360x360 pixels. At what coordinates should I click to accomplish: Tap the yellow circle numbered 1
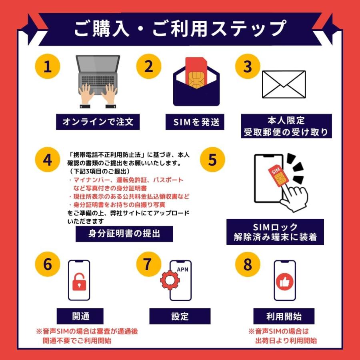coord(48,66)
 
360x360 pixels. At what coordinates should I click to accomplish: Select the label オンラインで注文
coord(98,122)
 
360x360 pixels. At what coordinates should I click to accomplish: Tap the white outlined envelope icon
coord(283,84)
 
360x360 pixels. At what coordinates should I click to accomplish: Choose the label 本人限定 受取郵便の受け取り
coord(286,126)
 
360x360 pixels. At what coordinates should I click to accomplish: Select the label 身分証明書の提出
coord(124,234)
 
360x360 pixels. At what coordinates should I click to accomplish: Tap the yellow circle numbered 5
coord(212,160)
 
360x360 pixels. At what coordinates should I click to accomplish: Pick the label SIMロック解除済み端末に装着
coord(275,232)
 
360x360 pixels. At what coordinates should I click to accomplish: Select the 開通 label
coord(80,316)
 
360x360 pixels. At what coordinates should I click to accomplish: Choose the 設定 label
coord(180,316)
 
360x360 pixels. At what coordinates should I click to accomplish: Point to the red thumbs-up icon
coord(284,282)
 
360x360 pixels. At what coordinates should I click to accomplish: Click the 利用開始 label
coord(284,316)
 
